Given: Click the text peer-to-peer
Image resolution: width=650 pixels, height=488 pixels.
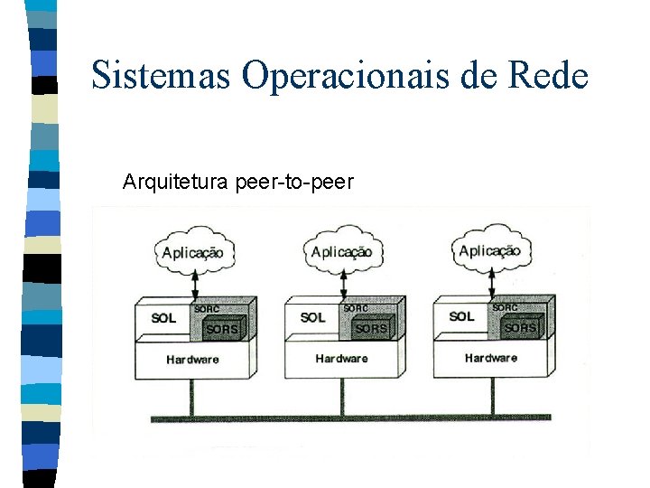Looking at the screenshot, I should pos(294,183).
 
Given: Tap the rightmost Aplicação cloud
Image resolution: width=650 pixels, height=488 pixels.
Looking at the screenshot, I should pos(490,250).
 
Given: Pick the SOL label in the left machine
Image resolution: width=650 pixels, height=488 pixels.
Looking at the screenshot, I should pos(163,318).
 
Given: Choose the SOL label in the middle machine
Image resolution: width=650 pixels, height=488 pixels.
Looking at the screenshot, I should pos(312,317).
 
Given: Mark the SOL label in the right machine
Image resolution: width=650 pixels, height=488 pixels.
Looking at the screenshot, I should pos(461,316).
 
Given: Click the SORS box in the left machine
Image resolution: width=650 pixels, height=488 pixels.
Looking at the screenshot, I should pos(223,328).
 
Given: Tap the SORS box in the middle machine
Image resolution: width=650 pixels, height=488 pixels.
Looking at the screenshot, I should pos(372,328).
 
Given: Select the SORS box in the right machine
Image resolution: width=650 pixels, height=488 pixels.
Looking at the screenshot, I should pos(521,327).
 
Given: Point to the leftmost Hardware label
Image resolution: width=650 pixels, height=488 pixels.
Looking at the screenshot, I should pos(192,359).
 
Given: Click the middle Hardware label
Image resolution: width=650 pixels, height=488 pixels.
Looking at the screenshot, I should pos(341,359).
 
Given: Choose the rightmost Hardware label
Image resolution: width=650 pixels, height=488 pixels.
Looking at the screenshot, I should pos(491,358).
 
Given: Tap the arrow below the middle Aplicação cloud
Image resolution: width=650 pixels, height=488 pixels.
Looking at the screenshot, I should pos(342,285).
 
